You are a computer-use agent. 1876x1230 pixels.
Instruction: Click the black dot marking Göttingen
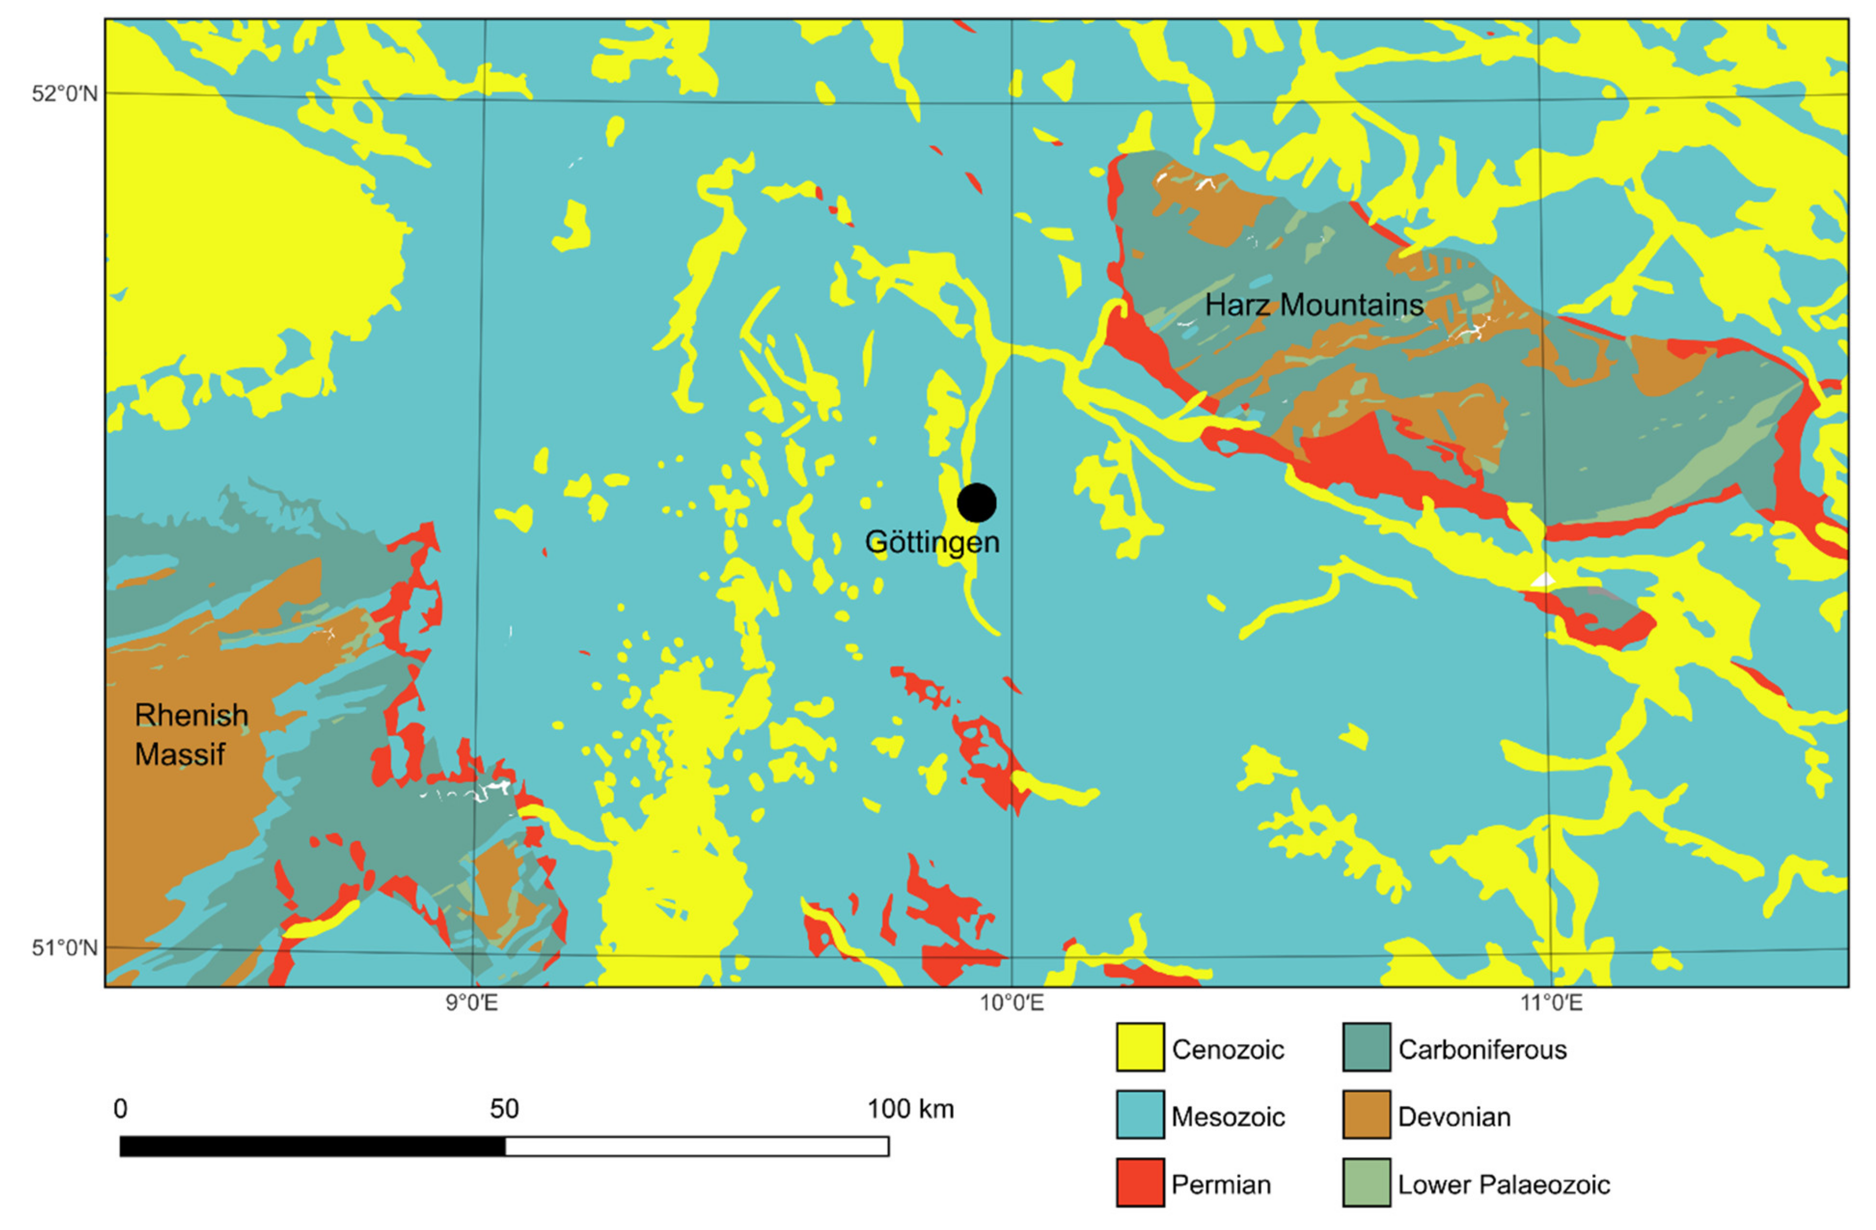coord(976,502)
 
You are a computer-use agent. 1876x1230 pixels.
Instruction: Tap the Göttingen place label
coord(932,543)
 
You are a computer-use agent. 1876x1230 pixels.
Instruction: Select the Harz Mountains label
coord(1314,305)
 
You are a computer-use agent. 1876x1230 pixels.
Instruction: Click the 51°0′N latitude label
coord(65,947)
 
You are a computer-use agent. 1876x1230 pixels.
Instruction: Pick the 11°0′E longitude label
coord(1551,1004)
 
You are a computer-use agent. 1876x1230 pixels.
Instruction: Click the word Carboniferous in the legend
coord(1482,1049)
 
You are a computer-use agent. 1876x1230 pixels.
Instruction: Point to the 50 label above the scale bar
coord(504,1109)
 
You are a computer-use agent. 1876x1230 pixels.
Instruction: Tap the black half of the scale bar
coord(312,1146)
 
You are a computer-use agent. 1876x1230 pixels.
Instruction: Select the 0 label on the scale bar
coord(120,1109)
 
